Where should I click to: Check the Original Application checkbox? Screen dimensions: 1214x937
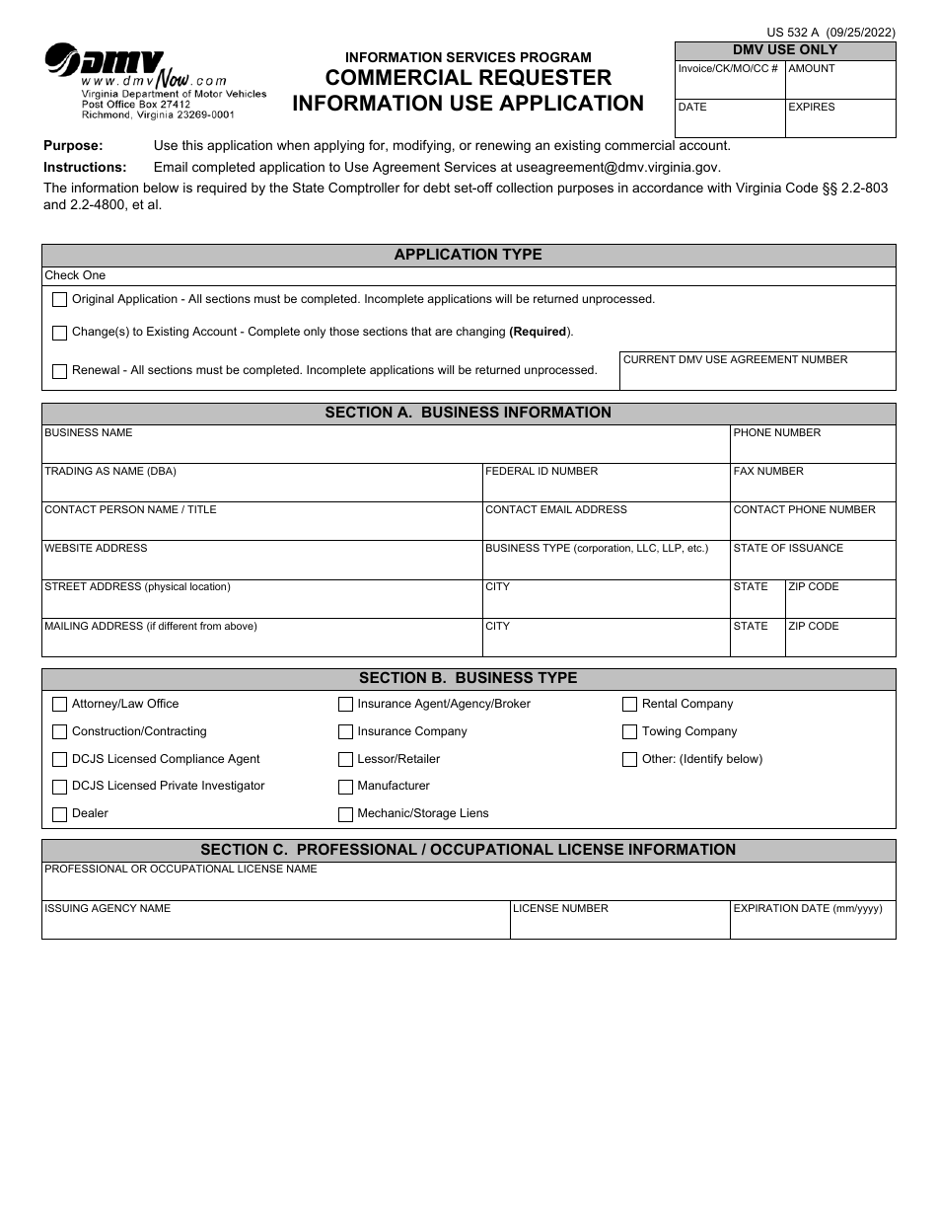pos(59,299)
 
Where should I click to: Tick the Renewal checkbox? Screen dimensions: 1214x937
pos(59,372)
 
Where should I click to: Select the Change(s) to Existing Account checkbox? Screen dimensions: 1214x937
pos(59,333)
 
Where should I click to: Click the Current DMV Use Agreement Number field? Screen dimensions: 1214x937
pos(757,377)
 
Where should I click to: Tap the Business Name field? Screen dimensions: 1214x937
pos(385,449)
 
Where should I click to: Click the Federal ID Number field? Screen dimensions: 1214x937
pos(605,488)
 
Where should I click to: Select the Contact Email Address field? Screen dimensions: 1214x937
pos(605,526)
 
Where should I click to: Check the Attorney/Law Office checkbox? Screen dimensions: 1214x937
pos(59,705)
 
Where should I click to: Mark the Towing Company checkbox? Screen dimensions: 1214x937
pos(629,732)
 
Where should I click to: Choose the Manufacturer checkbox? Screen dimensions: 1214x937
pos(345,787)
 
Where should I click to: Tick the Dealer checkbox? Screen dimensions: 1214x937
pos(59,814)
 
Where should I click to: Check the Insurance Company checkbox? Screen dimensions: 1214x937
pos(345,732)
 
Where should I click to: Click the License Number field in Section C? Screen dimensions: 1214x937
pos(619,926)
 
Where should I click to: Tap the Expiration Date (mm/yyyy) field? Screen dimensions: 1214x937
pos(812,926)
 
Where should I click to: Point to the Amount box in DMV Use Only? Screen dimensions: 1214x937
pos(839,85)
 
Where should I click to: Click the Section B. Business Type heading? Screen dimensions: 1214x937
pos(468,678)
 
